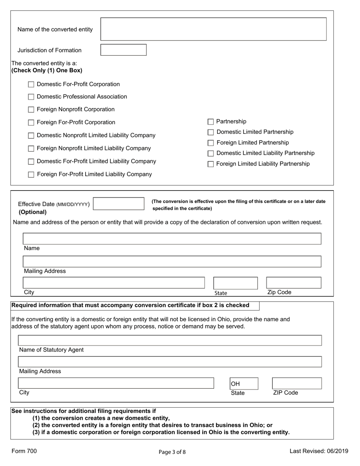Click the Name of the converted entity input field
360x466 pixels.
tap(213, 29)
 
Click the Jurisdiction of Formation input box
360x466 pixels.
tap(124, 50)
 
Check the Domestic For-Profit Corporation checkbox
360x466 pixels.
tap(31, 84)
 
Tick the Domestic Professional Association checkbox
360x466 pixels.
tap(31, 97)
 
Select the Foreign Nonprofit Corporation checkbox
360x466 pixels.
tap(31, 110)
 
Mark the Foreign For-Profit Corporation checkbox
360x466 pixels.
tap(31, 123)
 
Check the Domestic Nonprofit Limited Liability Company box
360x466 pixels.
tap(31, 136)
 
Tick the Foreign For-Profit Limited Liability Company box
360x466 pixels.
tap(31, 175)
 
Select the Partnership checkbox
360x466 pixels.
tap(211, 122)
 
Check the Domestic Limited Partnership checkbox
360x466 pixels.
tap(211, 132)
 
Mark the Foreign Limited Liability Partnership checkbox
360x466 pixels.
tap(211, 164)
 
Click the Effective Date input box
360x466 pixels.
tap(119, 204)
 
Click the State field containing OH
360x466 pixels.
tap(244, 383)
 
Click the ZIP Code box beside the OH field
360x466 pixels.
tap(297, 383)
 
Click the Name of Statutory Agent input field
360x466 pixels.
tap(170, 340)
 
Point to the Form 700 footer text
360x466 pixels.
tap(24, 451)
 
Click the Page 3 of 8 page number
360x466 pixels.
tap(172, 452)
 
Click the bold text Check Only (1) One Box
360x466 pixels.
tap(47, 70)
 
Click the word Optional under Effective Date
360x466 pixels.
tap(33, 212)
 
